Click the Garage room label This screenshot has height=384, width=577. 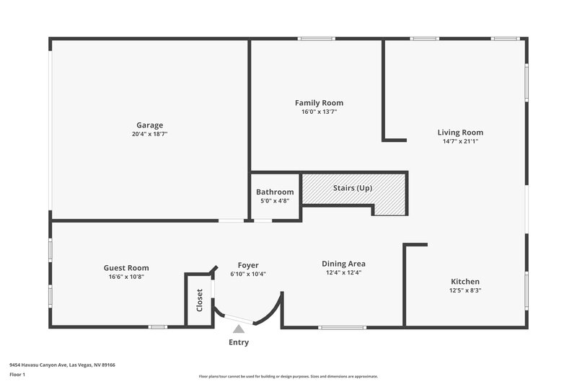[149, 125]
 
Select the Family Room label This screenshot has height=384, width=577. [319, 103]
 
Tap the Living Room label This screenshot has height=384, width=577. [460, 132]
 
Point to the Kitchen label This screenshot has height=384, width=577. [465, 281]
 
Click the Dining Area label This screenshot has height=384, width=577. [343, 264]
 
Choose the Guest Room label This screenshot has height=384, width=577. [126, 267]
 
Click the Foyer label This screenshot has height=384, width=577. [248, 265]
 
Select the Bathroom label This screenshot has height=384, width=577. [275, 192]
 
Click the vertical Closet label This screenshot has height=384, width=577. [200, 300]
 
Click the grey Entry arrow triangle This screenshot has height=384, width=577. [238, 329]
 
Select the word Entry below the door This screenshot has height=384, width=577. [239, 342]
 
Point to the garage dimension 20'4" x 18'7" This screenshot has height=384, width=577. [149, 134]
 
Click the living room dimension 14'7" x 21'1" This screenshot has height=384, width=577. [460, 141]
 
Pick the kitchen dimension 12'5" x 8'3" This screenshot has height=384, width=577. [465, 290]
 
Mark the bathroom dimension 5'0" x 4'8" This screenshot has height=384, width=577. [275, 201]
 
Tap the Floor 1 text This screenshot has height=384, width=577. [17, 375]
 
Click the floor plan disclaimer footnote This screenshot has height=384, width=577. [288, 376]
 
